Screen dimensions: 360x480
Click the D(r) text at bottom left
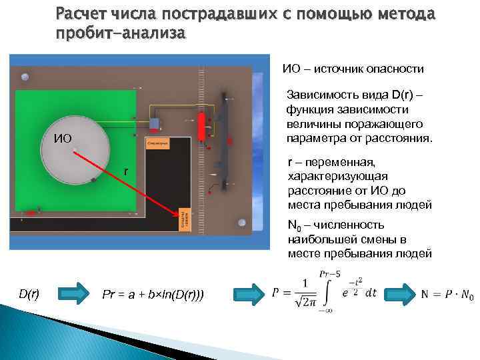pyautogui.click(x=28, y=293)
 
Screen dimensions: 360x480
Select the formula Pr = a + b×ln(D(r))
pyautogui.click(x=153, y=293)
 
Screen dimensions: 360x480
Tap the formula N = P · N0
pyautogui.click(x=447, y=294)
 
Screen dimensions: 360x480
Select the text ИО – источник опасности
pyautogui.click(x=353, y=69)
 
